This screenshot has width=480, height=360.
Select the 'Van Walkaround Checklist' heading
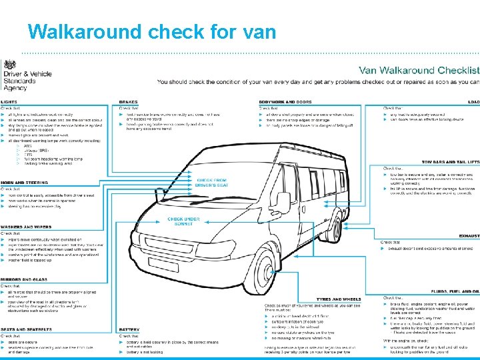point(419,70)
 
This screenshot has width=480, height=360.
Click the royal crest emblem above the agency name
point(11,64)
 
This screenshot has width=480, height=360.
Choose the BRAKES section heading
point(129,101)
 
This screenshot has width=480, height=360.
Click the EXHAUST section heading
point(469,236)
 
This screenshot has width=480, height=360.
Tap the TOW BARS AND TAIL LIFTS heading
point(450,162)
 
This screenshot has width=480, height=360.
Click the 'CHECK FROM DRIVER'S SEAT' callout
point(211,182)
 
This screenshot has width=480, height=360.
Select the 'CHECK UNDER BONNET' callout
point(184,221)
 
